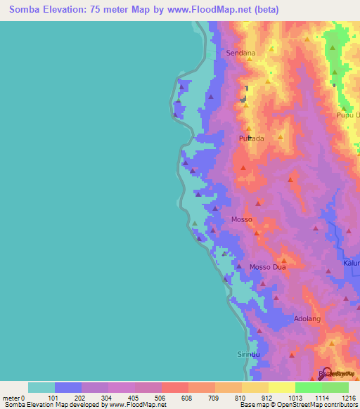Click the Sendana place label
click(x=240, y=53)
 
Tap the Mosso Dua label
click(x=268, y=267)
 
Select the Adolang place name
click(x=307, y=318)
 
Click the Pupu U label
click(x=348, y=115)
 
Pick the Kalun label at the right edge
click(x=351, y=263)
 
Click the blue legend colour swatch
click(x=68, y=387)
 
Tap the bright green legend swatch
click(x=309, y=387)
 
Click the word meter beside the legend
click(x=12, y=398)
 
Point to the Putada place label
click(x=251, y=138)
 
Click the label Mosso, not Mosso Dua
click(x=242, y=220)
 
